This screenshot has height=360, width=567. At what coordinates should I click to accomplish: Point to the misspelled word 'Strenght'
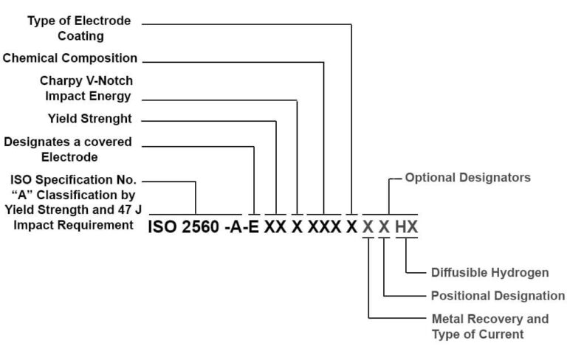(x=109, y=118)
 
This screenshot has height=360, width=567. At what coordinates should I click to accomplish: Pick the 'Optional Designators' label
(x=467, y=178)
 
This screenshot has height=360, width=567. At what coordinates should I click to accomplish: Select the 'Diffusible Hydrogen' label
(x=489, y=273)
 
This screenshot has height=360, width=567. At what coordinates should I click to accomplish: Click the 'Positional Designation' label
(x=498, y=296)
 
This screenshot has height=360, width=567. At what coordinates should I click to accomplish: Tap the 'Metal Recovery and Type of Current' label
(x=489, y=327)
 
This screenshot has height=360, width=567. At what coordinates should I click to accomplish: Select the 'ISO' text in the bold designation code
(x=162, y=227)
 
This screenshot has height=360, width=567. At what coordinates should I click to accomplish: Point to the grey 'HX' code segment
(x=406, y=227)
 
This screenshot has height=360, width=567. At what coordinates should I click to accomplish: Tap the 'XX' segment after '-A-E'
(x=275, y=227)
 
